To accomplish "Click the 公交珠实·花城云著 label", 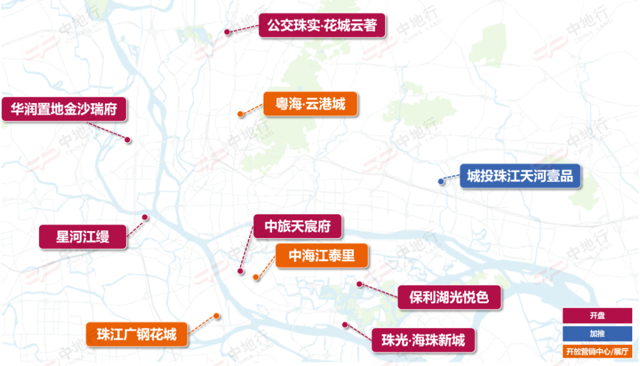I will pyautogui.click(x=322, y=26).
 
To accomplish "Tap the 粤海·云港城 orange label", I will pyautogui.click(x=310, y=103).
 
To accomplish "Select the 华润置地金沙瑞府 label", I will pyautogui.click(x=64, y=109).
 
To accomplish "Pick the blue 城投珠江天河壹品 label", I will pyautogui.click(x=520, y=175).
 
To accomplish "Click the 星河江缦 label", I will pyautogui.click(x=83, y=237).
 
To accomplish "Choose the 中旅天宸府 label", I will pyautogui.click(x=297, y=226).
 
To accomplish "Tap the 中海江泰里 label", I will pyautogui.click(x=322, y=256).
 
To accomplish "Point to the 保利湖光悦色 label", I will pyautogui.click(x=447, y=297).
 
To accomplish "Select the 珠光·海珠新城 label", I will pyautogui.click(x=424, y=340).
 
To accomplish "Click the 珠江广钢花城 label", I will pyautogui.click(x=137, y=334).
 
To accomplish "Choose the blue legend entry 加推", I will pyautogui.click(x=598, y=333).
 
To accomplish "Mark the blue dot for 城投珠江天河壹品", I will pyautogui.click(x=441, y=182).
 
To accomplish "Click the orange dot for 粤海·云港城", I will pyautogui.click(x=240, y=115).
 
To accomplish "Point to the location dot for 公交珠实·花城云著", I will pyautogui.click(x=227, y=31).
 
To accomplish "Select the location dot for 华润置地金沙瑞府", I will pyautogui.click(x=128, y=139).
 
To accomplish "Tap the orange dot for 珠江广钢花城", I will pyautogui.click(x=217, y=315).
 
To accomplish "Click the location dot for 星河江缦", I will pyautogui.click(x=145, y=218).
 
